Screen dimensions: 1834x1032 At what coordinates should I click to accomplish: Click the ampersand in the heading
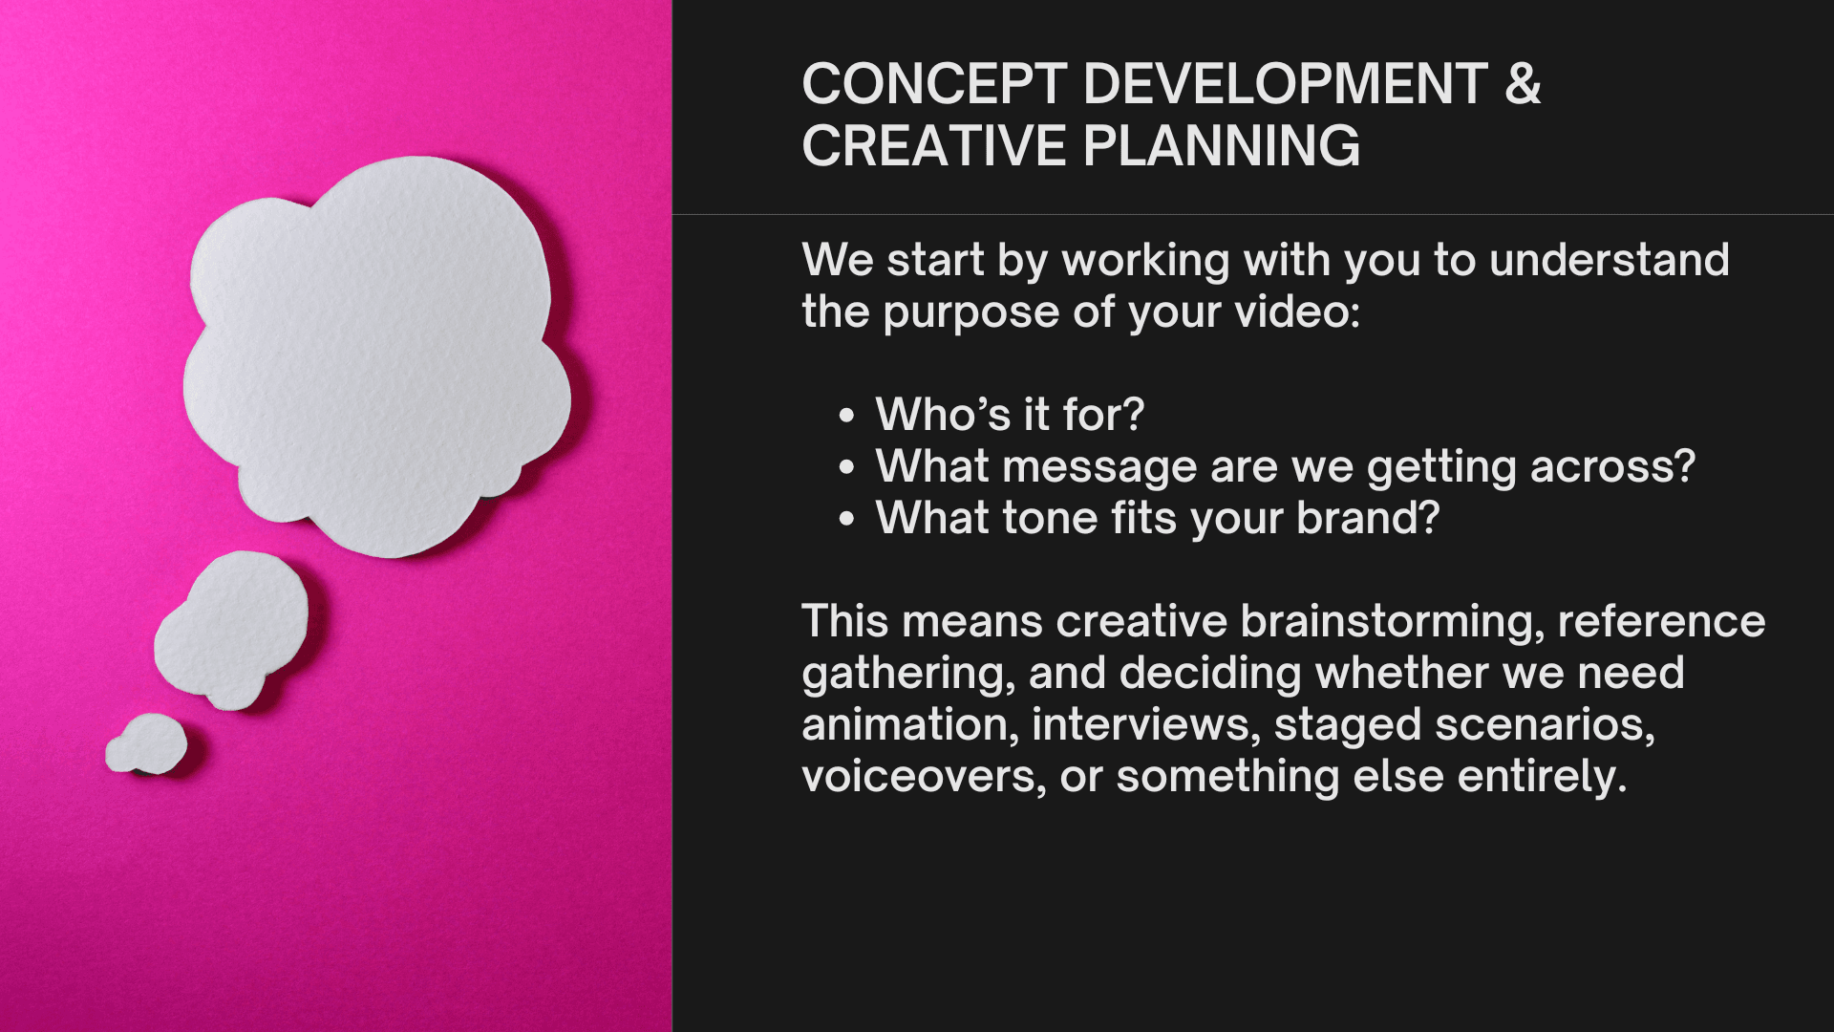(1523, 84)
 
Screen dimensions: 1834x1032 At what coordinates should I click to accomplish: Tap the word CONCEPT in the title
(934, 84)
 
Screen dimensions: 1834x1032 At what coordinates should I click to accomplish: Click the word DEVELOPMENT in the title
(1286, 84)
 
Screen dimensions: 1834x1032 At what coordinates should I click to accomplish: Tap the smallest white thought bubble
(146, 743)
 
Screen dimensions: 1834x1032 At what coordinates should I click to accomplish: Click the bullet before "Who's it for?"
(846, 416)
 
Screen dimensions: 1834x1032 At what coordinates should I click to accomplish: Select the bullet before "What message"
(846, 467)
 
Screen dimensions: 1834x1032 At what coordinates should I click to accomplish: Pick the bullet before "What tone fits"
(846, 519)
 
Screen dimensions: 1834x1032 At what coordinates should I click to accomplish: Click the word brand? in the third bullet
(1368, 518)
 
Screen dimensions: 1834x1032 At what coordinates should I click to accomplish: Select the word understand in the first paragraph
(1610, 260)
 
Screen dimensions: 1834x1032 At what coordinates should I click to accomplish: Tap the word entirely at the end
(1542, 776)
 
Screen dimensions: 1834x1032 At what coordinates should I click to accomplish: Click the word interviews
(1146, 724)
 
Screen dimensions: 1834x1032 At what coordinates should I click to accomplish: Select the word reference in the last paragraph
(1661, 621)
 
